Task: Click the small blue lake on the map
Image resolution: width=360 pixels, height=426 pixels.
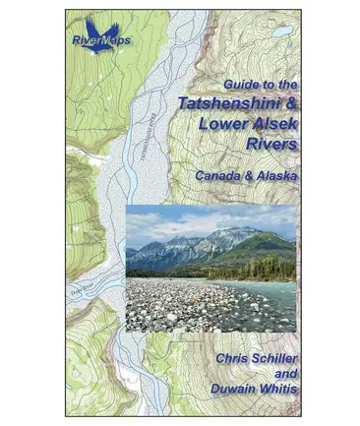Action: [x=282, y=31]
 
